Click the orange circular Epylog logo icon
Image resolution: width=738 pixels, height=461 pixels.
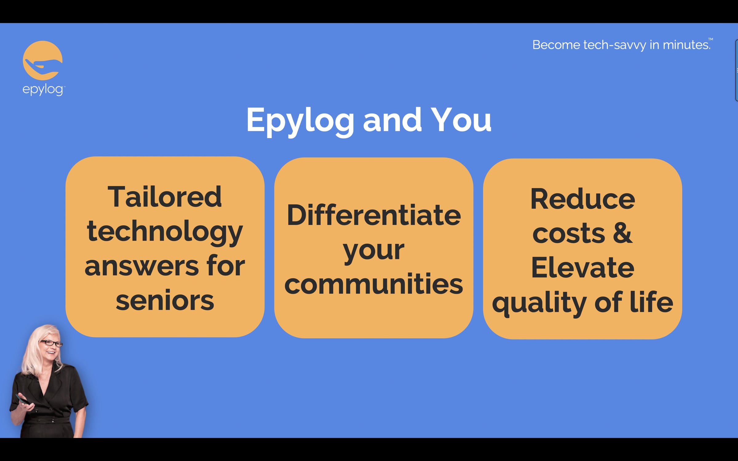pos(42,61)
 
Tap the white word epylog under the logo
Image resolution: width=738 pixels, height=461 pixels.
pos(43,90)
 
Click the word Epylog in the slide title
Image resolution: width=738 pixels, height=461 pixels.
pos(300,121)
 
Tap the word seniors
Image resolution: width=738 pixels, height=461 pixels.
pos(165,300)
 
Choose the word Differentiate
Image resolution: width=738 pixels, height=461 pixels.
pos(374,215)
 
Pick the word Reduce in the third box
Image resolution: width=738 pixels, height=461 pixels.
pos(583,199)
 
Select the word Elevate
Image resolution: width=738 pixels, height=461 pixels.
pos(583,267)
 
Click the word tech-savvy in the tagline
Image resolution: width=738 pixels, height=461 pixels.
pos(615,45)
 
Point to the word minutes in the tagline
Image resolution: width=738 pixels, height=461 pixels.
pos(686,45)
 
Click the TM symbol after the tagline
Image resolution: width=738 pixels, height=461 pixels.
pos(710,39)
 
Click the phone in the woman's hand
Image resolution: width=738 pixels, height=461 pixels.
pos(22,399)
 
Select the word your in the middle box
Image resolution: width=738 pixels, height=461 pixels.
pos(374,250)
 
